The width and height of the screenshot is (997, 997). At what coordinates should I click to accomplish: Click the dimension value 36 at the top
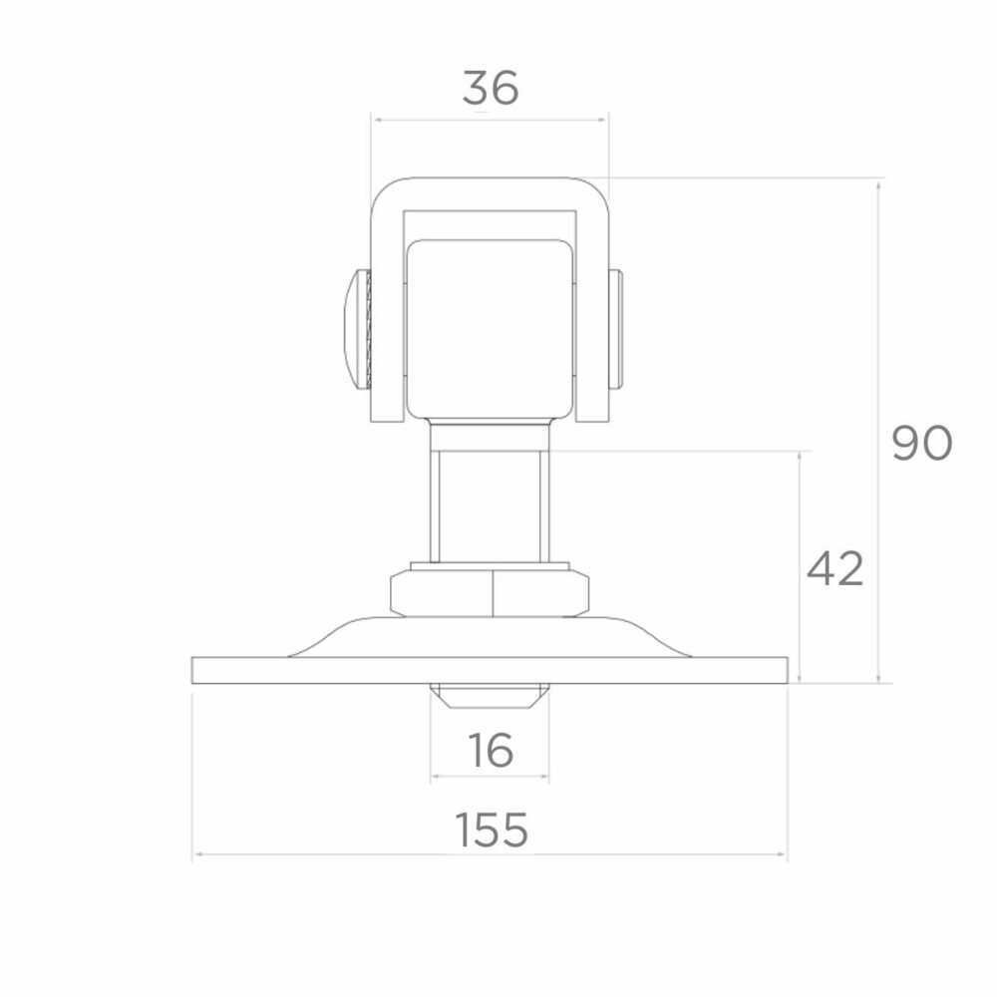(x=491, y=88)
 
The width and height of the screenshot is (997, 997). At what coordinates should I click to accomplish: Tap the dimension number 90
(x=922, y=444)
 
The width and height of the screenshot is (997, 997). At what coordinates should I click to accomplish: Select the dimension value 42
(x=834, y=569)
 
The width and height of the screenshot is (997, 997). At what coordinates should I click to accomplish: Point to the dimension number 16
(x=491, y=750)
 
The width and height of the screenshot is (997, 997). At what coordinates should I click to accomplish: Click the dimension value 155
(x=492, y=830)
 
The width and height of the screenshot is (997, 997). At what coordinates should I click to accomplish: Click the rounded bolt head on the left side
(x=358, y=329)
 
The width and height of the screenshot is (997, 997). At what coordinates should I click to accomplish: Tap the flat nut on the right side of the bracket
(x=615, y=329)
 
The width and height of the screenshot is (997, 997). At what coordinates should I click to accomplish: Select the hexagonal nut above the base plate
(x=490, y=593)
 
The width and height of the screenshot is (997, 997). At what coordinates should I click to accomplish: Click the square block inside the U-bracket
(x=490, y=329)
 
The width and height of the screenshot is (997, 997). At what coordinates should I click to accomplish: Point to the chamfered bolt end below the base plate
(x=490, y=696)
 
